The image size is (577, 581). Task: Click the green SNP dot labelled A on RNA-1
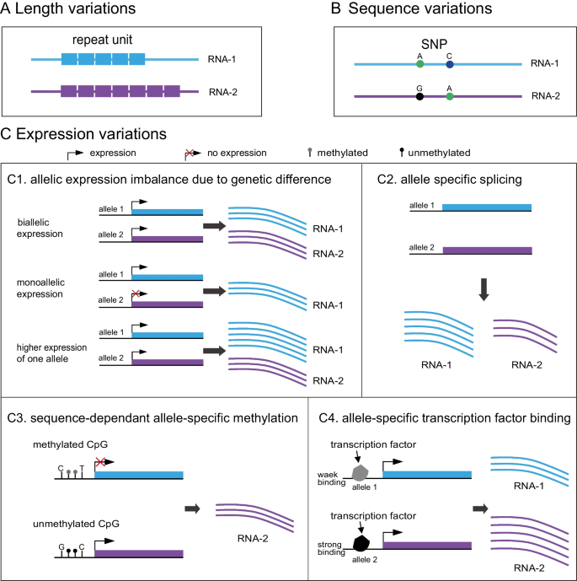pos(419,64)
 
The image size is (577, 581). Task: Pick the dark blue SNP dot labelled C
pos(450,64)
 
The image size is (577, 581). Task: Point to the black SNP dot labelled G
pos(419,97)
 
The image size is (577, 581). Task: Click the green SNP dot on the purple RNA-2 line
pos(450,97)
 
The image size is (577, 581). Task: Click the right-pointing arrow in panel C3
pos(194,508)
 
